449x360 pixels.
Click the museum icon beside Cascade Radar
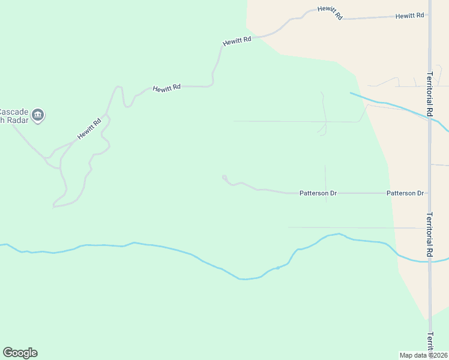[x=38, y=115]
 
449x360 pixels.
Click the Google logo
[x=20, y=353]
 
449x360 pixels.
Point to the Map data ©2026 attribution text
[x=423, y=355]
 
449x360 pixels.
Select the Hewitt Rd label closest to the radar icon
[x=89, y=128]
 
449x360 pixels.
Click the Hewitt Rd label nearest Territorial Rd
[x=410, y=16]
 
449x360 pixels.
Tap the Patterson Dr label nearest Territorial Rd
[x=405, y=193]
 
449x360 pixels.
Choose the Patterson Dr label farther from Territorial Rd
[x=318, y=193]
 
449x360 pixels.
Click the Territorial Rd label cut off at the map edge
[x=430, y=343]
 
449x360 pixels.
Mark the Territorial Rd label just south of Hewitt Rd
[x=430, y=94]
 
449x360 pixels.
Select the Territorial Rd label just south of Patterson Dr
[x=430, y=235]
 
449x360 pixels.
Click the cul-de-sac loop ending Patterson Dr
[x=224, y=178]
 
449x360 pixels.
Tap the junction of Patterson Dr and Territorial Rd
[x=430, y=193]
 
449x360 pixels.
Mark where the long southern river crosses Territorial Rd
[x=430, y=261]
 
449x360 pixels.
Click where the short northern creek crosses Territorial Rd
[x=430, y=118]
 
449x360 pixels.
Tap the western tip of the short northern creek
[x=351, y=93]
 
